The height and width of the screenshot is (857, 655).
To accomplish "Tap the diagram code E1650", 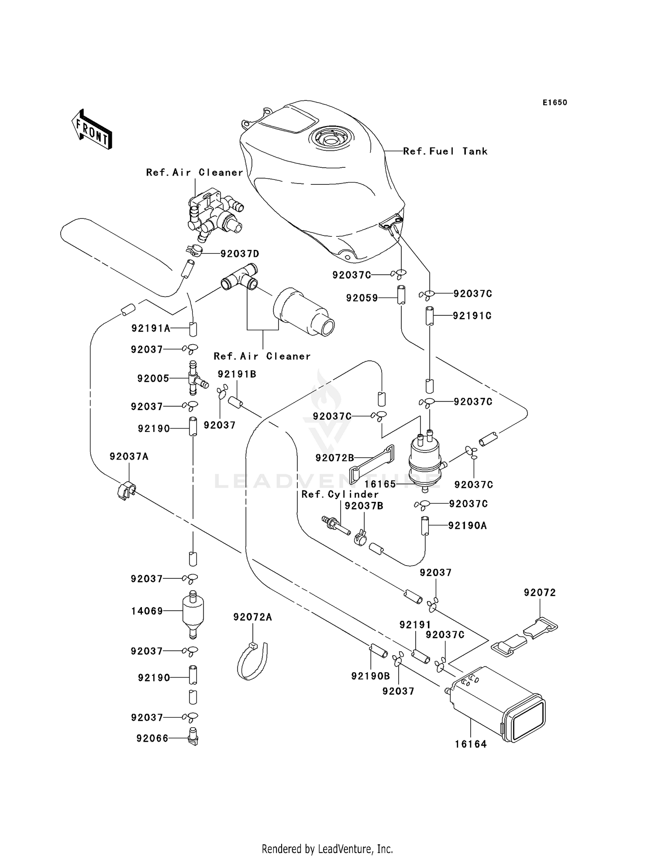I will click(x=555, y=103).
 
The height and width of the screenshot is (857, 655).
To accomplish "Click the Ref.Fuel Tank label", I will click(x=445, y=151).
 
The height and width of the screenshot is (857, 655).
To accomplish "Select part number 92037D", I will click(x=240, y=254).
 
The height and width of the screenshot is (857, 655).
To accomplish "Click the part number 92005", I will click(x=153, y=379).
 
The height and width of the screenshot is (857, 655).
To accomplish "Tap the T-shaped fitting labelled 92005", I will click(x=194, y=378).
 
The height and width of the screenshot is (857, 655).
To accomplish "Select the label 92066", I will click(x=152, y=739).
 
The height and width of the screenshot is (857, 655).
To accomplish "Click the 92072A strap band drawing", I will click(x=253, y=661).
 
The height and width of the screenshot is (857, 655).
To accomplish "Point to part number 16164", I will click(x=470, y=744).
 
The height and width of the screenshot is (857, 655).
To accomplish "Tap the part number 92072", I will click(x=540, y=593).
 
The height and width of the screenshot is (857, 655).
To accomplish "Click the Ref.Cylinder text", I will click(x=340, y=494).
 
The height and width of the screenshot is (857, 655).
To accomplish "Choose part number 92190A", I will click(x=467, y=525).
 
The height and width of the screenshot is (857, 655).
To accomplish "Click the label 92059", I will click(x=362, y=298).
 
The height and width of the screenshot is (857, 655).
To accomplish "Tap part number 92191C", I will click(x=472, y=316).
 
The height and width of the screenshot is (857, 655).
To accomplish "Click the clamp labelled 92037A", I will click(x=126, y=490).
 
